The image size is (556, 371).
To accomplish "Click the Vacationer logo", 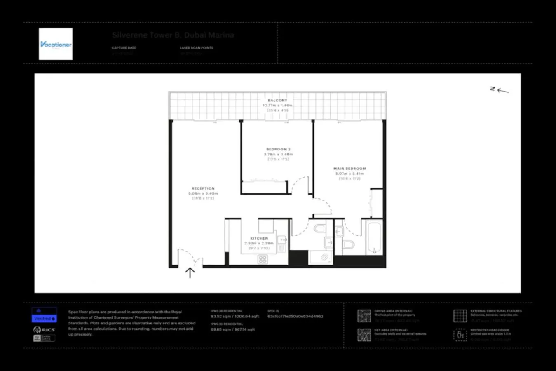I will pyautogui.click(x=56, y=44).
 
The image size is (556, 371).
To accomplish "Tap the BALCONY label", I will pyautogui.click(x=277, y=100).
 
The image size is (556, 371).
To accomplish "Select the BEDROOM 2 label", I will pyautogui.click(x=278, y=149).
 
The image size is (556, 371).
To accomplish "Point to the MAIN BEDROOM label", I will pyautogui.click(x=350, y=169).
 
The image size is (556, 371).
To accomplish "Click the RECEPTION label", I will pyautogui.click(x=203, y=188).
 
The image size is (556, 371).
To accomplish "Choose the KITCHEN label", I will pyautogui.click(x=259, y=238).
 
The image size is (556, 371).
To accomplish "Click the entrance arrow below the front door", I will pyautogui.click(x=190, y=272).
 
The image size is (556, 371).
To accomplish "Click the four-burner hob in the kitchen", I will pyautogui.click(x=263, y=259).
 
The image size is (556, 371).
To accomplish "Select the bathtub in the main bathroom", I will pyautogui.click(x=374, y=238).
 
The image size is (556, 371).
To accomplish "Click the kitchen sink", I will pyautogui.click(x=282, y=240).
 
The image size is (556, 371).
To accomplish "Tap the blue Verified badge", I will pyautogui.click(x=44, y=319).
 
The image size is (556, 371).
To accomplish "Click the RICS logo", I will pyautogui.click(x=44, y=330).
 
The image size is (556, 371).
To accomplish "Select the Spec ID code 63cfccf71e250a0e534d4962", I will pyautogui.click(x=295, y=317).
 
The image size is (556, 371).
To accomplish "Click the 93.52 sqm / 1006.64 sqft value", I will pyautogui.click(x=235, y=317).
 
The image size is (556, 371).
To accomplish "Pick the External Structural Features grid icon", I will pyautogui.click(x=460, y=316).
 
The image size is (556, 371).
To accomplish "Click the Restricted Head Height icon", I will pyautogui.click(x=460, y=335).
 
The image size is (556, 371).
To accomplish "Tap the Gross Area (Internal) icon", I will pyautogui.click(x=364, y=316).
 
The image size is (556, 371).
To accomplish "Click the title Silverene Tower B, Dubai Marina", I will pyautogui.click(x=173, y=35).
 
